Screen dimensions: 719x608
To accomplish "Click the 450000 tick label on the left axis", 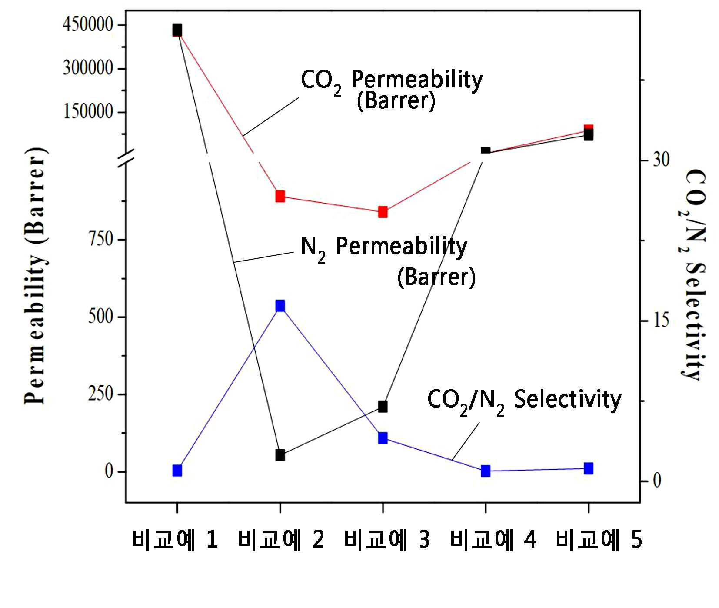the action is coord(88,24).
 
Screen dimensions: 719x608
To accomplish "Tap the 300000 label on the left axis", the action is coord(88,68).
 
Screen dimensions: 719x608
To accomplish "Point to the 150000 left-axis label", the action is coord(88,111).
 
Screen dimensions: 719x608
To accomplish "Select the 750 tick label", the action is coord(101,239).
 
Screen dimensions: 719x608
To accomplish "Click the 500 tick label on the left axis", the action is coord(101,316).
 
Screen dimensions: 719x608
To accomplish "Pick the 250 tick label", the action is coord(101,394).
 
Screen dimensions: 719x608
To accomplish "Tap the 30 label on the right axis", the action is coord(661,160).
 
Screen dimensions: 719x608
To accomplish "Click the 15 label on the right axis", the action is coord(661,321).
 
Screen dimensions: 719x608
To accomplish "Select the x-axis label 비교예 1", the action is coord(175,540).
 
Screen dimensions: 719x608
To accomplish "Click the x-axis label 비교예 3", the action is coord(386,540).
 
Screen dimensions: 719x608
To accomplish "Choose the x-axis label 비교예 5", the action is coord(599,540).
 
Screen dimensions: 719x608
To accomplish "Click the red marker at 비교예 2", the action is coord(280,196).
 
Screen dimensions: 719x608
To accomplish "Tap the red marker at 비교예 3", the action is coord(383,212).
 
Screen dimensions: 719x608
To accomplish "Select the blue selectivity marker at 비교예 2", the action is coord(280,306).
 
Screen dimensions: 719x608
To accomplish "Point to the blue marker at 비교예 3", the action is coord(383,438).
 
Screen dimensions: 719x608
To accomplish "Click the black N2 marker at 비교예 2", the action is coord(280,455).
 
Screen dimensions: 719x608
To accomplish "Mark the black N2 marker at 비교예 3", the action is coord(383,407).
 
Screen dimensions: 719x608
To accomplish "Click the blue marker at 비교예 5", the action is coord(589,468).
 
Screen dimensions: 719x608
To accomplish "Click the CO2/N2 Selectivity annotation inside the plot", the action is coord(524,401).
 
